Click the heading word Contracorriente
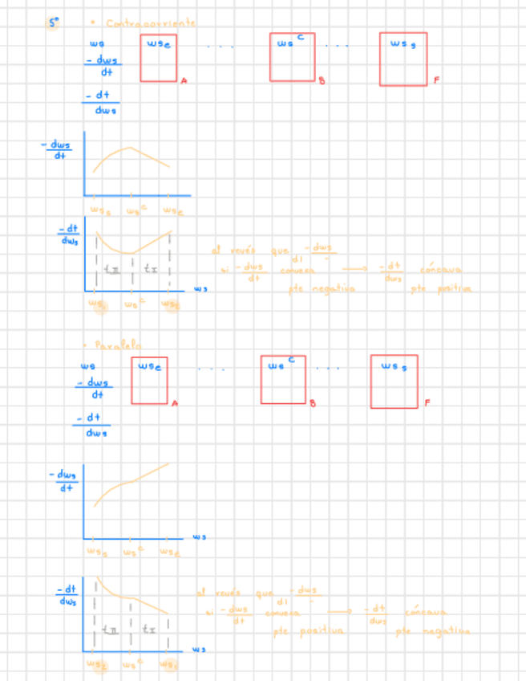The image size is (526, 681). pyautogui.click(x=151, y=24)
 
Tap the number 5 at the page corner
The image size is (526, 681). pyautogui.click(x=53, y=23)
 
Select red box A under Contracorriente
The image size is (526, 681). pyautogui.click(x=159, y=58)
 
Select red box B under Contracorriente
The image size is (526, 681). pyautogui.click(x=291, y=57)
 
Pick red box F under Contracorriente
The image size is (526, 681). pyautogui.click(x=403, y=59)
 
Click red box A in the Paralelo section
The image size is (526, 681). pyautogui.click(x=149, y=380)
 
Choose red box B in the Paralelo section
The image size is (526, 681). pyautogui.click(x=283, y=379)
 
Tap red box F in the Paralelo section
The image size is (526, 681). pyautogui.click(x=394, y=381)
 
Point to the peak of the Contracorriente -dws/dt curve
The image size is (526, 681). pyautogui.click(x=131, y=148)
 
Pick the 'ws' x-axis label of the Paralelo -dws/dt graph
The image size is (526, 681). pyautogui.click(x=199, y=537)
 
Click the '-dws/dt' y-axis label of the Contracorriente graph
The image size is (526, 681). pyautogui.click(x=56, y=150)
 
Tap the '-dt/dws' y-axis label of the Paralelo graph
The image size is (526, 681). pyautogui.click(x=67, y=596)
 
